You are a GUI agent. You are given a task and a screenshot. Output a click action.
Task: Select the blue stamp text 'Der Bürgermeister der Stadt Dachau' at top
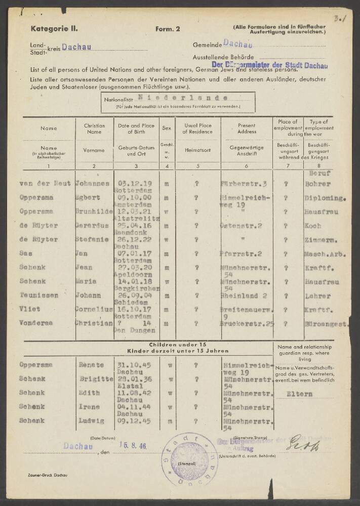coord(262,65)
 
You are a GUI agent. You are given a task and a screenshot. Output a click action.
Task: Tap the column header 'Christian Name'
coord(95,129)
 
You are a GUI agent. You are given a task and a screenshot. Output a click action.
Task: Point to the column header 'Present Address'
coord(246,129)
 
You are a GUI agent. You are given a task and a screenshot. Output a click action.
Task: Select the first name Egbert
coord(88,197)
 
